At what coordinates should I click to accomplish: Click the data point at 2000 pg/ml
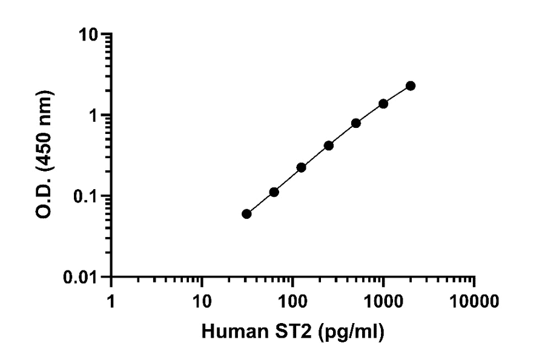411,86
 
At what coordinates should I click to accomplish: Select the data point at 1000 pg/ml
383,104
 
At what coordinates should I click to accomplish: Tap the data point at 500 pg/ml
356,123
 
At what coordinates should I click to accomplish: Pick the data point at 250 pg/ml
329,145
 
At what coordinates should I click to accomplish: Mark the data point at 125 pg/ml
301,167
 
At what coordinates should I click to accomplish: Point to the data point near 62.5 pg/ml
274,192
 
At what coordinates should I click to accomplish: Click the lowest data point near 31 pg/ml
246,214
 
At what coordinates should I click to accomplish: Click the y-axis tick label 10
91,35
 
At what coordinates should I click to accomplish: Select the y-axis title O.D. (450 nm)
45,155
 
